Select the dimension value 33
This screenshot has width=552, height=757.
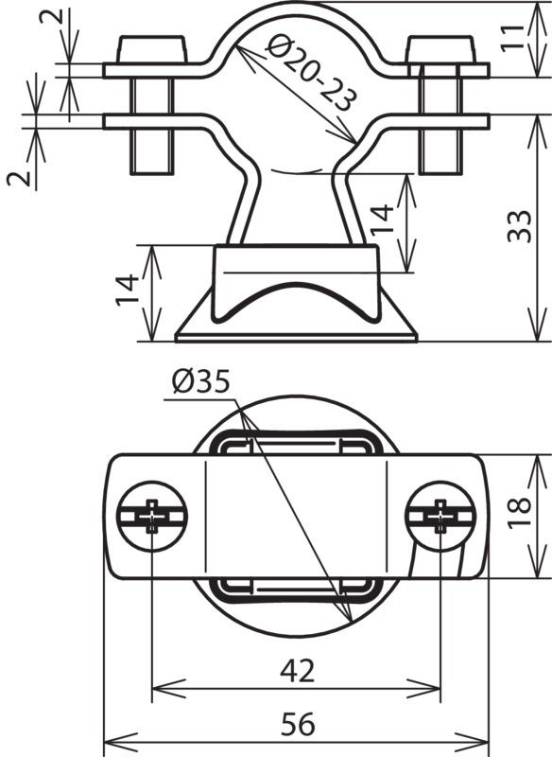[519, 226]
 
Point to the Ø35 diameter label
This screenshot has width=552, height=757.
[200, 382]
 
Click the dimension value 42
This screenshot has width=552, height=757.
[298, 671]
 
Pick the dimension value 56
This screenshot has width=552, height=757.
[298, 724]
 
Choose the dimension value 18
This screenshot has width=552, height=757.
[519, 513]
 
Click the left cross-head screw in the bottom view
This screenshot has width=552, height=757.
[152, 516]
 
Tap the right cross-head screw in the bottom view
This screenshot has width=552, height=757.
[440, 516]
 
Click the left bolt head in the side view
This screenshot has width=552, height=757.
[151, 49]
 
